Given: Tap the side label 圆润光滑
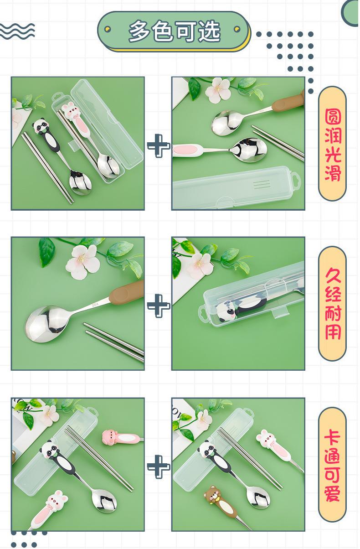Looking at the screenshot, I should [332, 144].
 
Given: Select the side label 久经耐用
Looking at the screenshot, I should [332, 304].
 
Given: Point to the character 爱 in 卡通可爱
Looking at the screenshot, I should [332, 493].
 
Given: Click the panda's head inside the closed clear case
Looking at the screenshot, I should [226, 313].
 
